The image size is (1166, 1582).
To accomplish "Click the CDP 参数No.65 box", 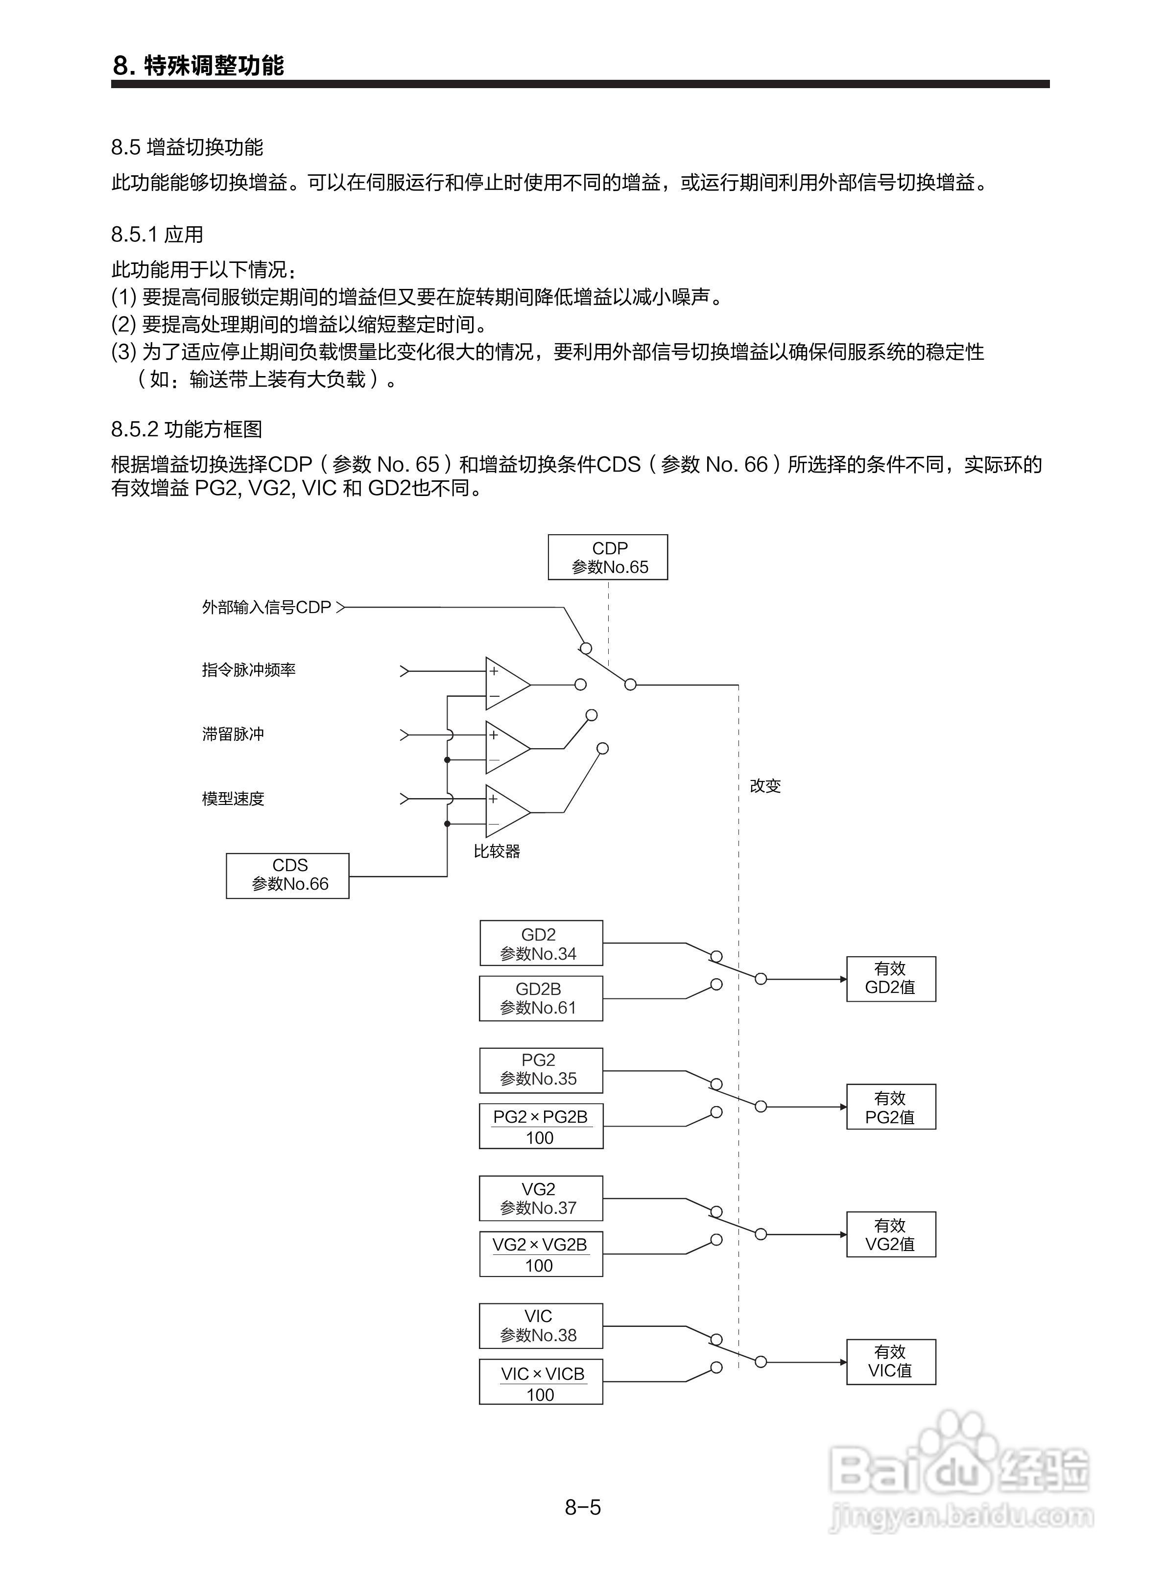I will coord(608,557).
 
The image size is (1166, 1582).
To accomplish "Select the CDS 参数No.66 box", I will coord(287,875).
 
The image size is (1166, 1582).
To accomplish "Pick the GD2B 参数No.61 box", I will coord(541,998).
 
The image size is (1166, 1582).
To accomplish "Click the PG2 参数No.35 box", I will coord(541,1070).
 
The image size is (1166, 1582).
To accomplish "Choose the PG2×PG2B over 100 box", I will coord(541,1126).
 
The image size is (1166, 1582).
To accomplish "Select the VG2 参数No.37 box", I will coord(541,1198).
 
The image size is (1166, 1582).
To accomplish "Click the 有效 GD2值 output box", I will coord(891,979).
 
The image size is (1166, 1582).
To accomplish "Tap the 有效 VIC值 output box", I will coord(891,1362).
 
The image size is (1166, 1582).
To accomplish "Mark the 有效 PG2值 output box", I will coord(891,1107).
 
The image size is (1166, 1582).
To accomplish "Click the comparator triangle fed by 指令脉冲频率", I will coord(505,684).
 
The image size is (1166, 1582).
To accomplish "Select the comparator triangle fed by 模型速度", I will coord(505,811).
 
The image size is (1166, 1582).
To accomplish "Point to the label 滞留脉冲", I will coord(233,734).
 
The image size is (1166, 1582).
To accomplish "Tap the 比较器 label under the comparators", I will coord(497,851).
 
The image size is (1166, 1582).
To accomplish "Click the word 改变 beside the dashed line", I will coord(765,786).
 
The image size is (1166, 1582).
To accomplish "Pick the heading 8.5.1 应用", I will coord(157,234).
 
